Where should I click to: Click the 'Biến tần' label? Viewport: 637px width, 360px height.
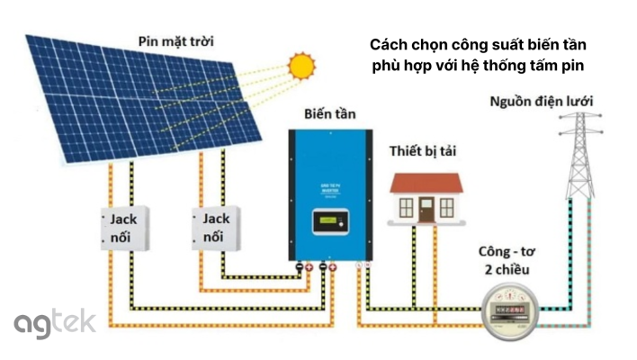(328, 114)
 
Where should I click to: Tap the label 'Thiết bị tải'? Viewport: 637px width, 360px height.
(423, 150)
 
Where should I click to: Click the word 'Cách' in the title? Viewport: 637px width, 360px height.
(389, 46)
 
